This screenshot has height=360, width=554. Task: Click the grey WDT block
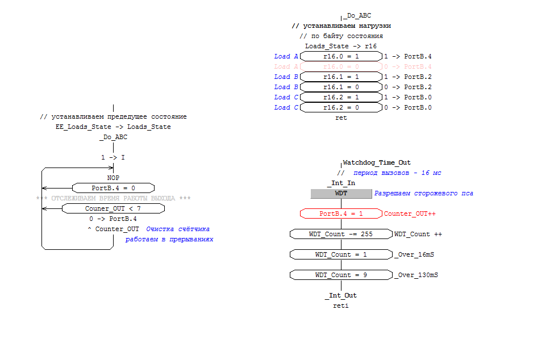[341, 193]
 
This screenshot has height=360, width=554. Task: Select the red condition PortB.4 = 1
[341, 214]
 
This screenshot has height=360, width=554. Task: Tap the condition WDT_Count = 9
[341, 275]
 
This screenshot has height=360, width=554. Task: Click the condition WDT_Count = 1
[341, 254]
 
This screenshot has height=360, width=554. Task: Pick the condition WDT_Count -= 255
[341, 234]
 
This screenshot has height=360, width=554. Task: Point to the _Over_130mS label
[416, 275]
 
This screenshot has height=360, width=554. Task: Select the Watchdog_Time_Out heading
[377, 162]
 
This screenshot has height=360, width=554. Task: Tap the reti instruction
[341, 305]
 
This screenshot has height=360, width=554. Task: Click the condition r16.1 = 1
[341, 77]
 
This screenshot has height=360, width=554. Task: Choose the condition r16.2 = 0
[341, 107]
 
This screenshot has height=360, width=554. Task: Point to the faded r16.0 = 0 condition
[341, 66]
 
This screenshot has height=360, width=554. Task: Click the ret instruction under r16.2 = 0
[341, 118]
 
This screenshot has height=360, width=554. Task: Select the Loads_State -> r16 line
[341, 46]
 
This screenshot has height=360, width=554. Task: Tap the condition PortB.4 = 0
[113, 188]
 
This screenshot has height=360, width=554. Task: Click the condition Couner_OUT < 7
[113, 208]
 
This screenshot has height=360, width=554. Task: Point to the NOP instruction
[113, 178]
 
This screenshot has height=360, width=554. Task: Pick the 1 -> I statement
[113, 157]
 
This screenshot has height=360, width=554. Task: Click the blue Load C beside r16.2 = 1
[286, 97]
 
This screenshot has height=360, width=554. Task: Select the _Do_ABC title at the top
[357, 16]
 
